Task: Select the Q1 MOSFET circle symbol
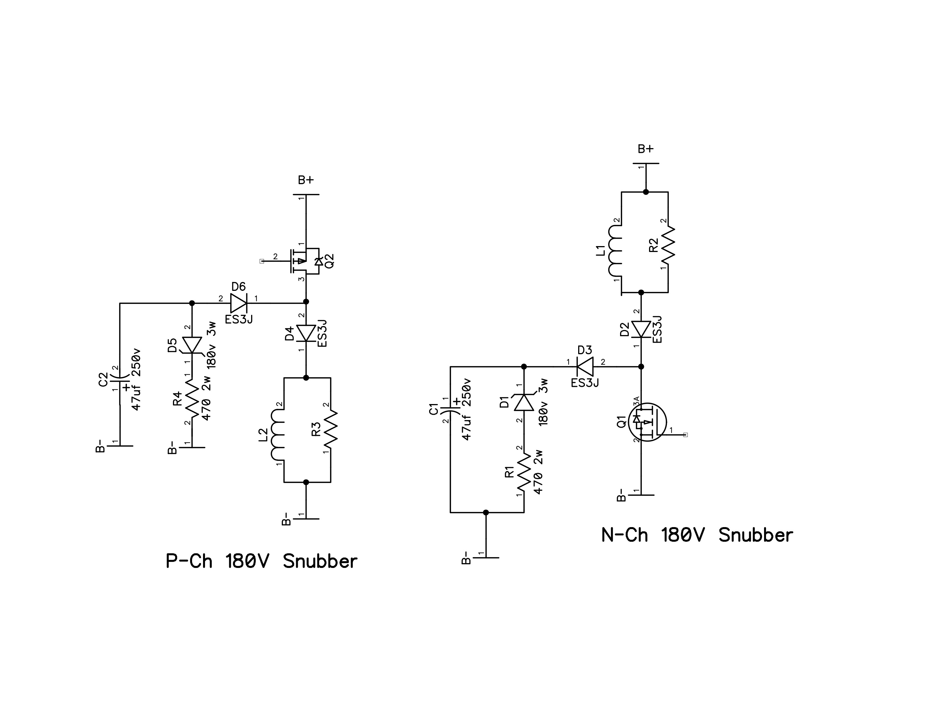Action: [x=647, y=422]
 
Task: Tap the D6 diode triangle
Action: [x=239, y=303]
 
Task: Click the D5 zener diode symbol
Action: [x=192, y=345]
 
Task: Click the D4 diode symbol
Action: [x=306, y=333]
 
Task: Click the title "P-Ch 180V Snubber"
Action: [x=261, y=561]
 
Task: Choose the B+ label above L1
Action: [x=646, y=149]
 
